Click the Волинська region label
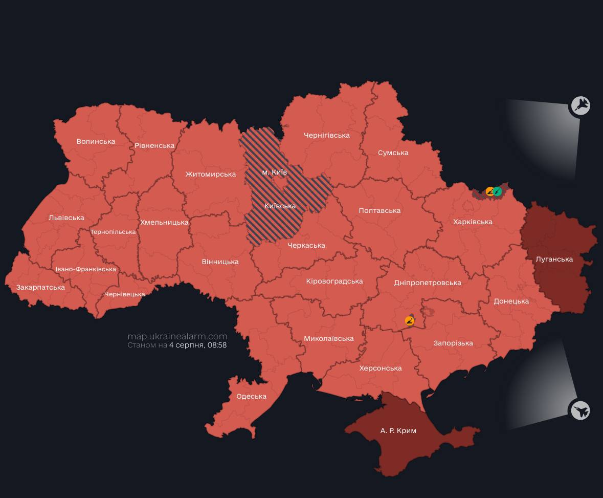click(x=96, y=141)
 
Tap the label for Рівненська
click(x=154, y=145)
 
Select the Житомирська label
click(x=210, y=174)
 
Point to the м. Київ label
click(x=274, y=172)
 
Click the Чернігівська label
click(x=326, y=135)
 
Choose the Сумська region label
click(x=393, y=153)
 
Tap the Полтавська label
click(x=379, y=210)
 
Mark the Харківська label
click(x=473, y=222)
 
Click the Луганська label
click(x=554, y=259)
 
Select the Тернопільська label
click(x=113, y=232)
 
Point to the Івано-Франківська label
click(x=86, y=269)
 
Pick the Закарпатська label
click(x=40, y=287)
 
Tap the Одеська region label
click(x=251, y=396)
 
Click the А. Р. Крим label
click(x=398, y=430)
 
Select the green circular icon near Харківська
click(x=497, y=191)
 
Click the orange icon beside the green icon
click(x=490, y=191)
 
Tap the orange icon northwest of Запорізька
click(x=409, y=321)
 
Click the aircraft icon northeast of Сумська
click(x=580, y=106)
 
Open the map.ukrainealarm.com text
click(x=177, y=336)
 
